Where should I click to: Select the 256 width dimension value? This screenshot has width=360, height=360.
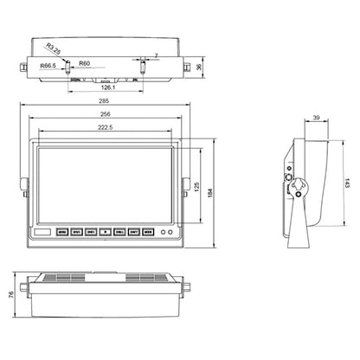106,113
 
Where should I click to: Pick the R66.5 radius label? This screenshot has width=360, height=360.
48,63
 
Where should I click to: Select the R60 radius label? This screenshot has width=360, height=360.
85,63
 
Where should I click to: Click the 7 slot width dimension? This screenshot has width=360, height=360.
155,55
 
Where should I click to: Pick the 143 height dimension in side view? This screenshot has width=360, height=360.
346,184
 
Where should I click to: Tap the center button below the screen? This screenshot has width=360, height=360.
104,232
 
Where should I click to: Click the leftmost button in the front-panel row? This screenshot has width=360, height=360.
63,232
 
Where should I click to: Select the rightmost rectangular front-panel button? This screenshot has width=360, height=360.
147,232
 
